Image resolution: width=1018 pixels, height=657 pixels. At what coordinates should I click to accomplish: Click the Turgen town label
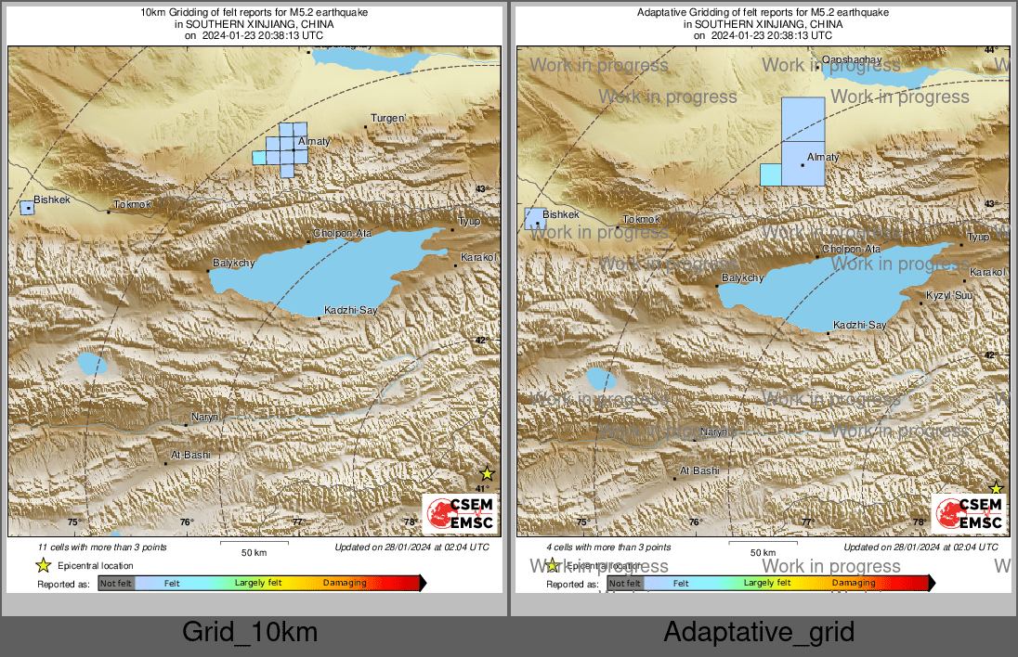pyautogui.click(x=388, y=118)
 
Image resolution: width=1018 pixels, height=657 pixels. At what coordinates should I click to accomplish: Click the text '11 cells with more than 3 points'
pyautogui.click(x=102, y=547)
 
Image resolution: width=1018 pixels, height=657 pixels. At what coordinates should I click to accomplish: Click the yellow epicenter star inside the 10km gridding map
pyautogui.click(x=487, y=474)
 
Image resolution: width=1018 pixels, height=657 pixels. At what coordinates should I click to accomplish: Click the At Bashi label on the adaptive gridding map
pyautogui.click(x=699, y=471)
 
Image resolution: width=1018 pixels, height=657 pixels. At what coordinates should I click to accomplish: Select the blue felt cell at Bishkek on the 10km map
pyautogui.click(x=27, y=208)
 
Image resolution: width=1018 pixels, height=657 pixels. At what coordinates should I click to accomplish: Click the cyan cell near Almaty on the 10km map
pyautogui.click(x=259, y=159)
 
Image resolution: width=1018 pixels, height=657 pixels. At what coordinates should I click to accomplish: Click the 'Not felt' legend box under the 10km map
pyautogui.click(x=116, y=584)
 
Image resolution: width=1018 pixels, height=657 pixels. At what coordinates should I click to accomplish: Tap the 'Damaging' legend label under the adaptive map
pyautogui.click(x=853, y=583)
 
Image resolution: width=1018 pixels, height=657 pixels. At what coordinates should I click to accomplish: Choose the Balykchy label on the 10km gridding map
pyautogui.click(x=233, y=263)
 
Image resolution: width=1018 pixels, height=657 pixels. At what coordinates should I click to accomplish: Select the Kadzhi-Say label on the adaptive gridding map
pyautogui.click(x=859, y=325)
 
